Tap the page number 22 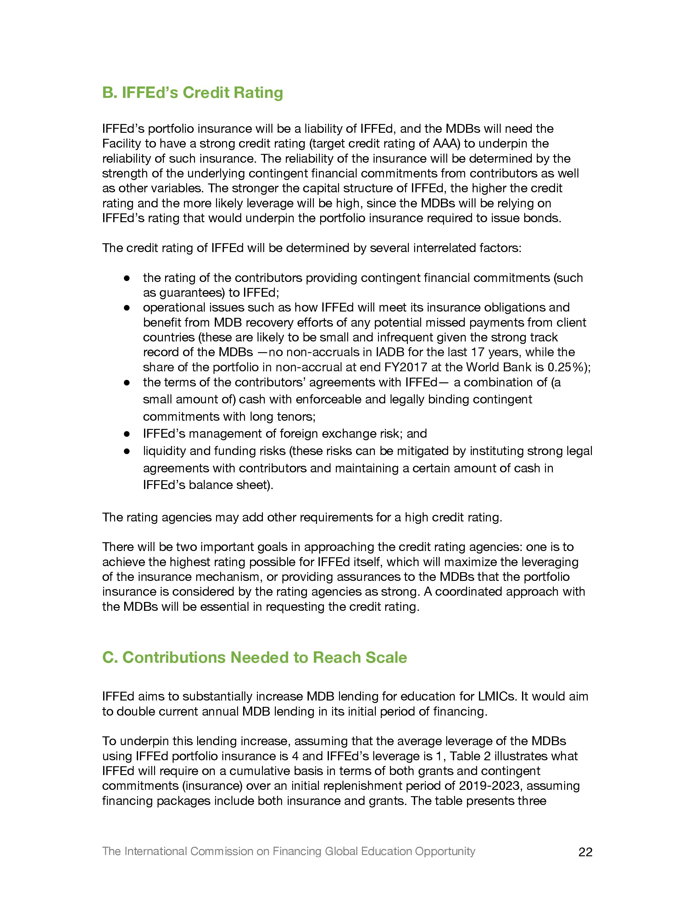pyautogui.click(x=585, y=852)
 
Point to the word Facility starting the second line pyautogui.click(x=121, y=143)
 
